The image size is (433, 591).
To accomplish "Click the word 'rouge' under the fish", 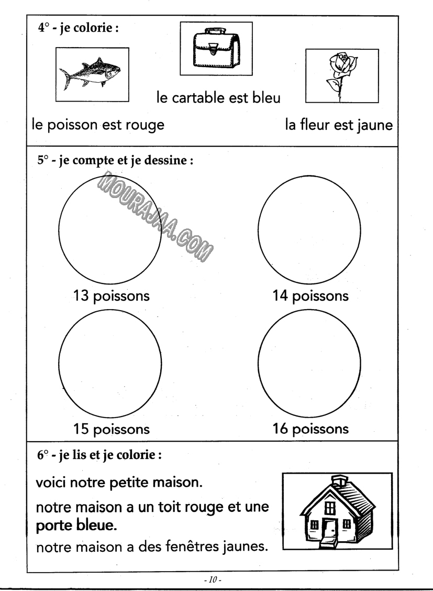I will (142, 126).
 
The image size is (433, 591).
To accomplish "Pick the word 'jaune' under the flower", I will (372, 126).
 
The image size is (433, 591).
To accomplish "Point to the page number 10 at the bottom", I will (216, 581).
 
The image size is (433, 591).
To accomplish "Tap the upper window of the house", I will (329, 507).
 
